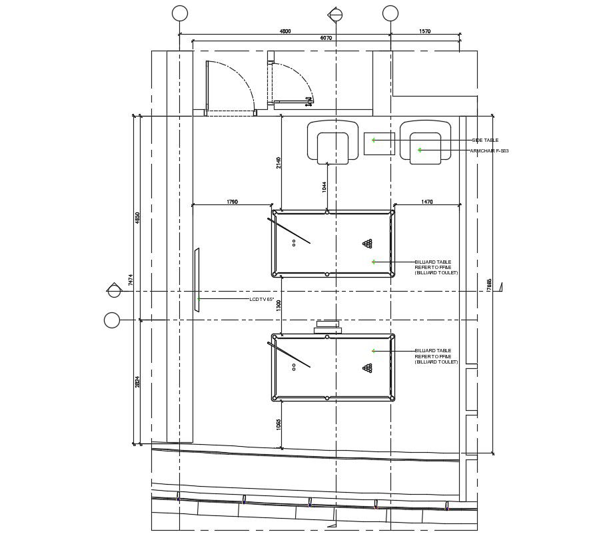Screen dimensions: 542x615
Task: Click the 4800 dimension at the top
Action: (285, 31)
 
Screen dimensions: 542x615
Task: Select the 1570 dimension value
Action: (425, 31)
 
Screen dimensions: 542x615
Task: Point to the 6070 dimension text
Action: (326, 39)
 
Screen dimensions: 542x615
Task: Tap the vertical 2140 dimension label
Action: (279, 162)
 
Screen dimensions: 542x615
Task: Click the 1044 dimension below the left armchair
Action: (324, 188)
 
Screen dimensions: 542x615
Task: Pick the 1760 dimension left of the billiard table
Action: (232, 201)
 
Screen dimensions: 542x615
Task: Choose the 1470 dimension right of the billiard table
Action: (427, 201)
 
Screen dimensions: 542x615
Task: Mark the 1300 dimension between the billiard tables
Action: (279, 306)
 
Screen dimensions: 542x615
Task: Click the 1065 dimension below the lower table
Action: (279, 424)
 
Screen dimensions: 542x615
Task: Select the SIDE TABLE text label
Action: (485, 140)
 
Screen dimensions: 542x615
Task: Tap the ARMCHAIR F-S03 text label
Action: (489, 151)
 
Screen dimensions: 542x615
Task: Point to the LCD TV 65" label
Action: (262, 300)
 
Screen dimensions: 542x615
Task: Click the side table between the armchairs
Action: (379, 144)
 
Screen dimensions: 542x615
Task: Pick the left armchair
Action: (332, 142)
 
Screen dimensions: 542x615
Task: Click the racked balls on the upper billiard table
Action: (367, 244)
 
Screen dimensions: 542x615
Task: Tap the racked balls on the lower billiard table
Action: (367, 368)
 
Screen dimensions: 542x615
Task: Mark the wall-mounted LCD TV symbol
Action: (197, 280)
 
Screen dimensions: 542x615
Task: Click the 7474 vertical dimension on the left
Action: (131, 280)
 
